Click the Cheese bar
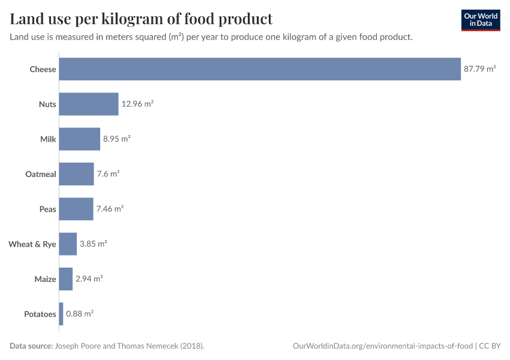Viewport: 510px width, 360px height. point(260,69)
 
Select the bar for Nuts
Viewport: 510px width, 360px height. point(89,104)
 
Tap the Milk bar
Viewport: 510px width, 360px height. point(80,139)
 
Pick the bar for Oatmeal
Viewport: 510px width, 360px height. point(77,174)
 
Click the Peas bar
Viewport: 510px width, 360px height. point(76,209)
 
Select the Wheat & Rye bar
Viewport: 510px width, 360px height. point(68,244)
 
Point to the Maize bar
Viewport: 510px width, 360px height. point(66,279)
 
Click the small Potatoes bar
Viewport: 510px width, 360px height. point(61,314)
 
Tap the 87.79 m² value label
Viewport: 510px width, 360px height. point(479,69)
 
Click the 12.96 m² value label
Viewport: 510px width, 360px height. point(137,104)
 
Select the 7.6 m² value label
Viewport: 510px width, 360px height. point(108,174)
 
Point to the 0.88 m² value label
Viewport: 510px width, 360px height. point(79,314)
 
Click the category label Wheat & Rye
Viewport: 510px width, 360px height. point(32,244)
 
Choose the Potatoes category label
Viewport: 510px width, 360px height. point(40,314)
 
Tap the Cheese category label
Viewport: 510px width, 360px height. point(43,69)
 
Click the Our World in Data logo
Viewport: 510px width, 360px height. point(480,20)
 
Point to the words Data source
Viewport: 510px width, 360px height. point(31,346)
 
